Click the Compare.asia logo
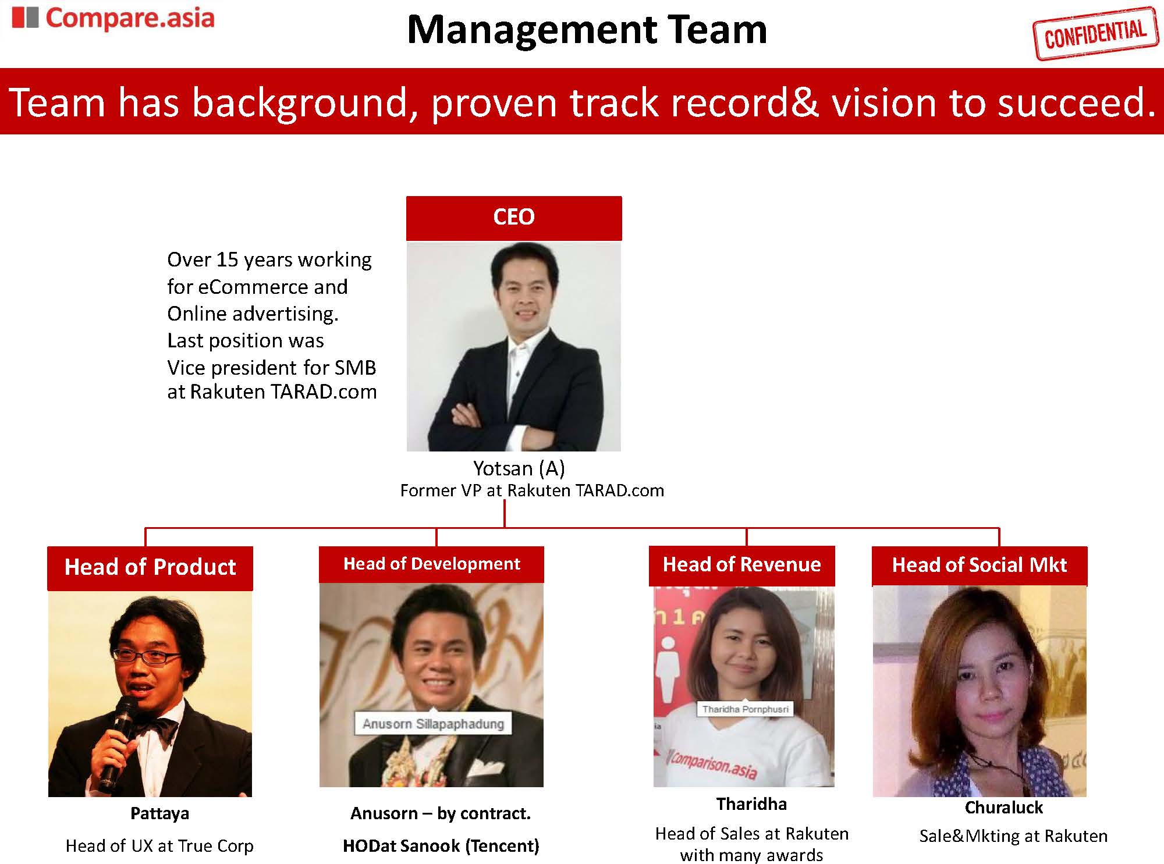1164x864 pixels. pos(113,18)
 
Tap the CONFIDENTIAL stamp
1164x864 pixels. pos(1095,33)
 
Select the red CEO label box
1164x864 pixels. pos(514,218)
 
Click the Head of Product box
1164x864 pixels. pos(150,568)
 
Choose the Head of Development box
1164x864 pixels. pos(431,564)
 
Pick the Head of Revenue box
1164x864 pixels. pos(742,565)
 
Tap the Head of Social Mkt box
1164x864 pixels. pos(980,566)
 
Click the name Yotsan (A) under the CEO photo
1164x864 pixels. pos(519,468)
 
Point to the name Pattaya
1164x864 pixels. pos(159,813)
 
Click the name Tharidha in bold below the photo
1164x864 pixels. pos(751,804)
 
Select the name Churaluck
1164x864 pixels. pos(1004,808)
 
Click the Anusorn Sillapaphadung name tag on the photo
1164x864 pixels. pos(433,724)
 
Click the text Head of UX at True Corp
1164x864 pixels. pos(159,846)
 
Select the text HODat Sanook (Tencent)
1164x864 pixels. pos(441,846)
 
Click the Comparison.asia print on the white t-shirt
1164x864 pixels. pos(714,763)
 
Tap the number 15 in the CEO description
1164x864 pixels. pos(227,259)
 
